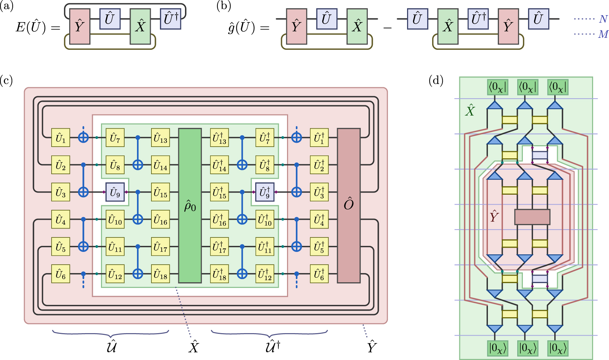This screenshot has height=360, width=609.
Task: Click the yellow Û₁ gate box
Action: pos(60,138)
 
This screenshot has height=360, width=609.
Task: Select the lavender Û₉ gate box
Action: pos(115,192)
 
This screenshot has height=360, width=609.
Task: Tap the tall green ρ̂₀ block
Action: pos(190,206)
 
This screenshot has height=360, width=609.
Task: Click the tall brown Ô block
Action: pos(349,206)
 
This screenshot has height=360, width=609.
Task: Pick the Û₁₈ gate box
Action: pos(161,274)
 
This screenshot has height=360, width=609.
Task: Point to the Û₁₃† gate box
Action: pos(219,138)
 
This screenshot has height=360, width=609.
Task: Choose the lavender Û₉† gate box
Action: pos(265,192)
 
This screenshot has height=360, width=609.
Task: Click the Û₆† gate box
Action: pos(319,274)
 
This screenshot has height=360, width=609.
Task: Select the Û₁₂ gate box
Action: pos(115,274)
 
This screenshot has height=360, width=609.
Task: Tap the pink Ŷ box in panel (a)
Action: pos(80,26)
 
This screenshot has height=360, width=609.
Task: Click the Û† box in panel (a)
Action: pos(171,18)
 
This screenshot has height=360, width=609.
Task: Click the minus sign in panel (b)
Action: pos(387,27)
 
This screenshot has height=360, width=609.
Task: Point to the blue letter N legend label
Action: pos(603,19)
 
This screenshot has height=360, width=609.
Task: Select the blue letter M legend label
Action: pos(603,34)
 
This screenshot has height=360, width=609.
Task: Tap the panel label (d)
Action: pos(436,81)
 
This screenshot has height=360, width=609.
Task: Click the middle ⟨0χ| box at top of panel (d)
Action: pos(527,87)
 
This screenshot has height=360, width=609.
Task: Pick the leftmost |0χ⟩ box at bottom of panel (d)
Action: pos(497,348)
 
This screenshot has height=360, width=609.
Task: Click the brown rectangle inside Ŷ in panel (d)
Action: pos(532,217)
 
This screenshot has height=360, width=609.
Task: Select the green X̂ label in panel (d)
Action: pos(470,111)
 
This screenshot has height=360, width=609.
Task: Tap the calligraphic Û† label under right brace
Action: pos(272,346)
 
